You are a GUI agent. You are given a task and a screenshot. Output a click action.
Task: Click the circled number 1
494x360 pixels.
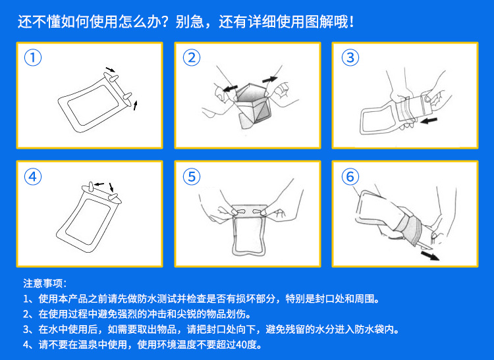click(33, 58)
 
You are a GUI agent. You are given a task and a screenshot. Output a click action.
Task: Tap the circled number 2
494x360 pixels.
click(192, 58)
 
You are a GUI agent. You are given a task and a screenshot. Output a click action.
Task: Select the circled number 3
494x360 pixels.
click(350, 58)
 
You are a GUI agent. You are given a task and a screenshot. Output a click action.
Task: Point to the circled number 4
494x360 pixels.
click(33, 176)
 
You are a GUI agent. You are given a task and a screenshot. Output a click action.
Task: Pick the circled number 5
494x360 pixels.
click(192, 176)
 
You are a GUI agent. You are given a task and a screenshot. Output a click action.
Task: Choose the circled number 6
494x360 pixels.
click(350, 176)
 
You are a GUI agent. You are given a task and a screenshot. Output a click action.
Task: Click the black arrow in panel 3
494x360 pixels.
click(429, 120)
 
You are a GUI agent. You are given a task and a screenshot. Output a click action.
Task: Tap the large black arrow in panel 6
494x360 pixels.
click(430, 255)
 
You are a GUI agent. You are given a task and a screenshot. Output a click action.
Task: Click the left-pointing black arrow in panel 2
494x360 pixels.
click(230, 88)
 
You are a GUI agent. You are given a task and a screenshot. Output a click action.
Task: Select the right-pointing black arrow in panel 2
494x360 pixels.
click(269, 79)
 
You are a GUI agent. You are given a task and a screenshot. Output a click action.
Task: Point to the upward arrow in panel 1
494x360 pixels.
click(136, 105)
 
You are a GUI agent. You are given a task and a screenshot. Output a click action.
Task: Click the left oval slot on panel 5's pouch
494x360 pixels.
click(242, 211)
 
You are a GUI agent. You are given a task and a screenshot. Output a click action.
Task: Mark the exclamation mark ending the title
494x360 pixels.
click(352, 22)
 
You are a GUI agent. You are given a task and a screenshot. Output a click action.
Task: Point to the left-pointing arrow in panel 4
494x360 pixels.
click(99, 184)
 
